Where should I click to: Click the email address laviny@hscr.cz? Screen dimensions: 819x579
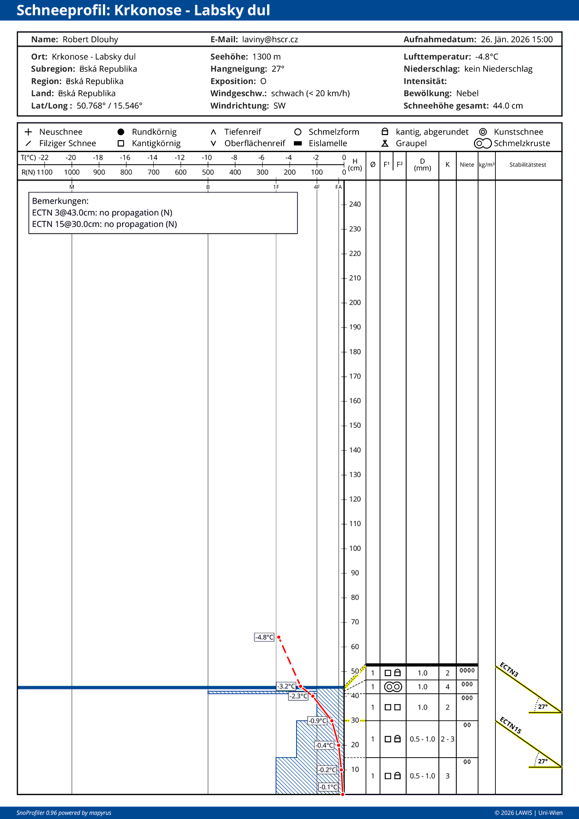pyautogui.click(x=270, y=39)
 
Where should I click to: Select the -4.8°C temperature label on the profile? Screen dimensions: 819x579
pyautogui.click(x=264, y=637)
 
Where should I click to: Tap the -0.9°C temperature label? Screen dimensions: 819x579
pyautogui.click(x=317, y=721)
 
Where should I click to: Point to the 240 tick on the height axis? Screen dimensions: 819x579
pyautogui.click(x=355, y=204)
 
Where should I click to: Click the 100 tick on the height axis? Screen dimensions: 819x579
pyautogui.click(x=355, y=548)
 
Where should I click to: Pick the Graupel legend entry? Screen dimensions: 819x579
pyautogui.click(x=410, y=143)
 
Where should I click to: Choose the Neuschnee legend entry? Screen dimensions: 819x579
pyautogui.click(x=60, y=132)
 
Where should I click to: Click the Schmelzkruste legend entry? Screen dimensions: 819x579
pyautogui.click(x=522, y=143)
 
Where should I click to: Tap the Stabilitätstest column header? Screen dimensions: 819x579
pyautogui.click(x=528, y=165)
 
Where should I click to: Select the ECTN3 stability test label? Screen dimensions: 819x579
pyautogui.click(x=509, y=670)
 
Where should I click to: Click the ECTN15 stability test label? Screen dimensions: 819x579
pyautogui.click(x=511, y=725)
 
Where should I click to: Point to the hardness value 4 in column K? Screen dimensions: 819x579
pyautogui.click(x=447, y=687)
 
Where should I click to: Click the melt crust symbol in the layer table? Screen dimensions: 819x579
pyautogui.click(x=393, y=687)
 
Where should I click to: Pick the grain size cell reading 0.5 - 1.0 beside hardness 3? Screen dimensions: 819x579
pyautogui.click(x=422, y=776)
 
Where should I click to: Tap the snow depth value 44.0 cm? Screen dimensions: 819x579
pyautogui.click(x=508, y=106)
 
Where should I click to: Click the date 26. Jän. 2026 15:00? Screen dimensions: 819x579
pyautogui.click(x=517, y=39)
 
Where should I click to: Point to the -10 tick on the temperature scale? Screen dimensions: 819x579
pyautogui.click(x=207, y=158)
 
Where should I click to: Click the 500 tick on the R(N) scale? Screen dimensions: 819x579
pyautogui.click(x=208, y=172)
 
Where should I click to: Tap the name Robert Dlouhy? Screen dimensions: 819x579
pyautogui.click(x=90, y=39)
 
